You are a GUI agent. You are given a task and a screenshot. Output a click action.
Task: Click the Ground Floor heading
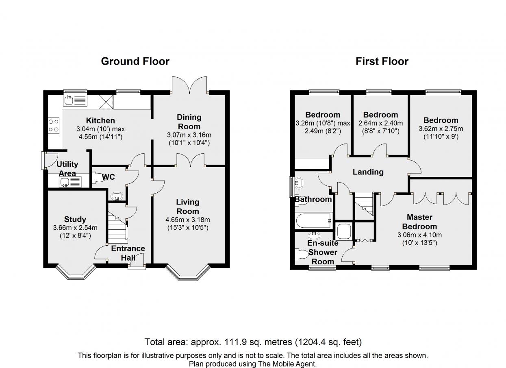135,61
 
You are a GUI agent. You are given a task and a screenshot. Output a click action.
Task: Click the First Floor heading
382,61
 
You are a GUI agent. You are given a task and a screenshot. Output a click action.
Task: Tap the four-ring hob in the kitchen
54,126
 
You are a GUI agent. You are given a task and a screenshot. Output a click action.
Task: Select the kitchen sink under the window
75,100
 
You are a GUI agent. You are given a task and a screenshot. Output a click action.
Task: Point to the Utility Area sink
70,182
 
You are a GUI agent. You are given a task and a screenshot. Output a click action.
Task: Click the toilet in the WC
98,178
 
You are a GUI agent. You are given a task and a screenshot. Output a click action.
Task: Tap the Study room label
75,219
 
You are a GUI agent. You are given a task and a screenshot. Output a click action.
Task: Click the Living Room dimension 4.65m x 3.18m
188,220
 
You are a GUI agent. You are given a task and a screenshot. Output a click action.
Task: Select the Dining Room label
189,122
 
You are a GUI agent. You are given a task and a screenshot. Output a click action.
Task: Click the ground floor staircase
117,226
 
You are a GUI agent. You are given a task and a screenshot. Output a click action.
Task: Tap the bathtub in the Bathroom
313,221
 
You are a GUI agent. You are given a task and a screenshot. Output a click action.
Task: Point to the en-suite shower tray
343,231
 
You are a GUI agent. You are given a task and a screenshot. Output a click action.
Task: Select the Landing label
368,172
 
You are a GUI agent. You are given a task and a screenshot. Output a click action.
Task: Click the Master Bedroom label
419,222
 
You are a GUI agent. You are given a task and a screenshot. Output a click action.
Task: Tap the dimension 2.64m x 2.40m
381,123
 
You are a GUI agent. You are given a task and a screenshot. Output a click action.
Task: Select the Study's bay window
76,272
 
